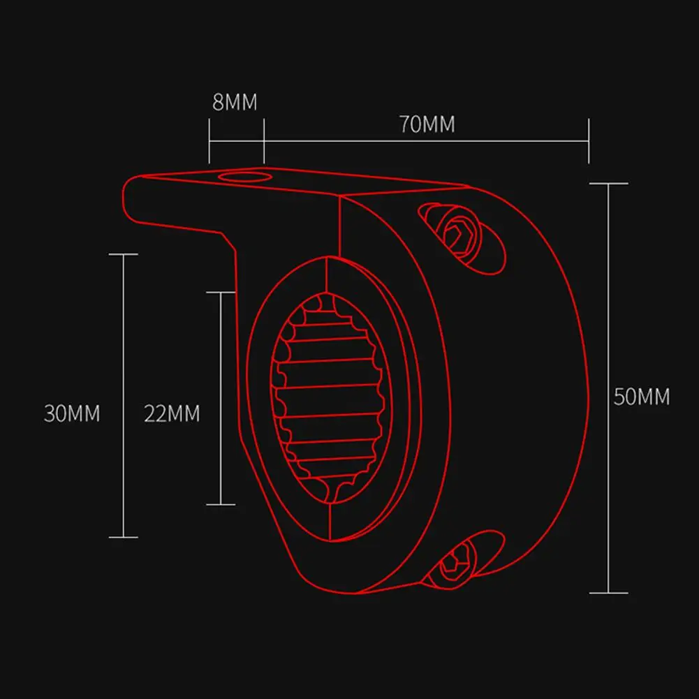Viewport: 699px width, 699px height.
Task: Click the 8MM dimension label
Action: tap(235, 103)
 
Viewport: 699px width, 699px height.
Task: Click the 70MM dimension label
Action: tap(427, 124)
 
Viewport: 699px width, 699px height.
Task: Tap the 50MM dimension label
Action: tap(641, 397)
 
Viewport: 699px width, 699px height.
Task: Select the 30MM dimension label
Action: tap(72, 413)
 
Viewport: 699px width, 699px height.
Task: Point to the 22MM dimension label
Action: tap(172, 413)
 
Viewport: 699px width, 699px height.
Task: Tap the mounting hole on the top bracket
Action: tap(243, 175)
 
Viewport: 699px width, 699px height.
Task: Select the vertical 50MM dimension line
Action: tap(609, 314)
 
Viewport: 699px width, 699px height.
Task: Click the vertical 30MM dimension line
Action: tap(124, 335)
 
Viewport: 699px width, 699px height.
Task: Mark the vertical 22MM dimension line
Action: tap(221, 349)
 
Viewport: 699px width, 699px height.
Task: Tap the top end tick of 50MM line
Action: tap(609, 184)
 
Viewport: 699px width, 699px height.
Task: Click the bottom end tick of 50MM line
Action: tap(609, 593)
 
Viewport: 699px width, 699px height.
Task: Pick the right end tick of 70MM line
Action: tap(589, 140)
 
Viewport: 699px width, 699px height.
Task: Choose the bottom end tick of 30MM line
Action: tap(124, 537)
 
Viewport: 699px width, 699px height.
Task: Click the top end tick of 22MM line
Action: tap(221, 292)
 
